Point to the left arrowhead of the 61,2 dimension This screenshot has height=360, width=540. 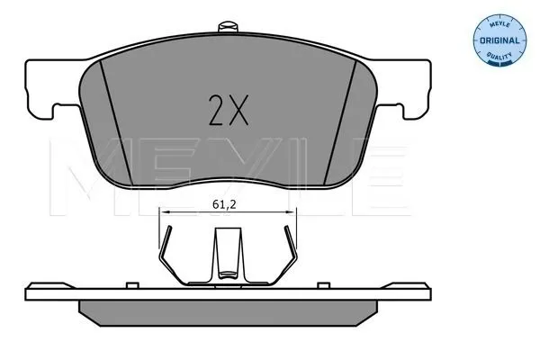[x=163, y=211]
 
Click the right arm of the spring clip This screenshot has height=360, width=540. [x=285, y=261]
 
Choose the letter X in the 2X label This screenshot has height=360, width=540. [x=238, y=111]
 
